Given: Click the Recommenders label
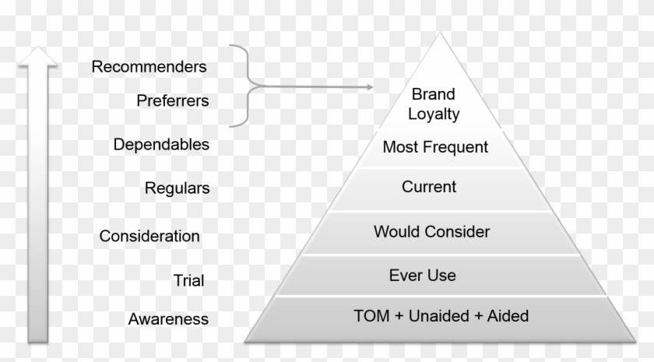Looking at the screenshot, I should click(x=149, y=67).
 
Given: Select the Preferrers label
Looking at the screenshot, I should click(x=172, y=101).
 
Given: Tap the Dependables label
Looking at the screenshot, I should click(x=161, y=145).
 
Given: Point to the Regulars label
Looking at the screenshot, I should click(x=177, y=188).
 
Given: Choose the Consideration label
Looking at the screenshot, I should click(x=149, y=236).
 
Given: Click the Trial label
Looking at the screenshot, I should click(x=188, y=280).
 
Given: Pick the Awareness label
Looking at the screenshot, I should click(x=168, y=319).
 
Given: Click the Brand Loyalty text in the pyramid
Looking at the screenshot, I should click(x=434, y=104).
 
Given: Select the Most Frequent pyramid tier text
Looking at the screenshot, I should click(x=435, y=147).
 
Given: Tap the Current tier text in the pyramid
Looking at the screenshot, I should click(x=429, y=188).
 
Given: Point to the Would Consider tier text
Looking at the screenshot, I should click(x=431, y=232).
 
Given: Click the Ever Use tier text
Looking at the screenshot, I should click(x=422, y=276).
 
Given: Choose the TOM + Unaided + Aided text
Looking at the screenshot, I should click(x=441, y=316).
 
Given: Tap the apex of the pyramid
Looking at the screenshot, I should click(x=441, y=35).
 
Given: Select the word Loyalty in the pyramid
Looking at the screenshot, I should click(x=436, y=114).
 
